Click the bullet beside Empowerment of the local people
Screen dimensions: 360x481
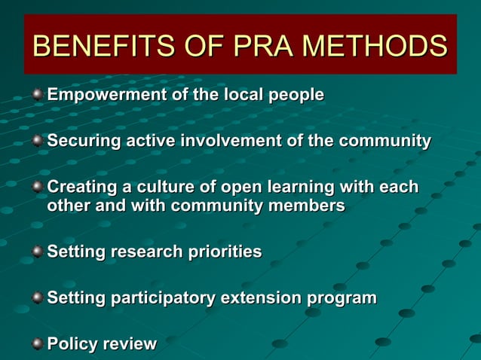click(x=37, y=95)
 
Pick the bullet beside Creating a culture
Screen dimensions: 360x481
click(x=37, y=185)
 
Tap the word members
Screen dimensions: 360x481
click(x=309, y=205)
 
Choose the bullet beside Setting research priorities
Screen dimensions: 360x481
click(x=37, y=251)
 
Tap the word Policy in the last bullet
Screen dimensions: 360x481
click(x=72, y=344)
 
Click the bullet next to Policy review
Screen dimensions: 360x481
click(x=37, y=343)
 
